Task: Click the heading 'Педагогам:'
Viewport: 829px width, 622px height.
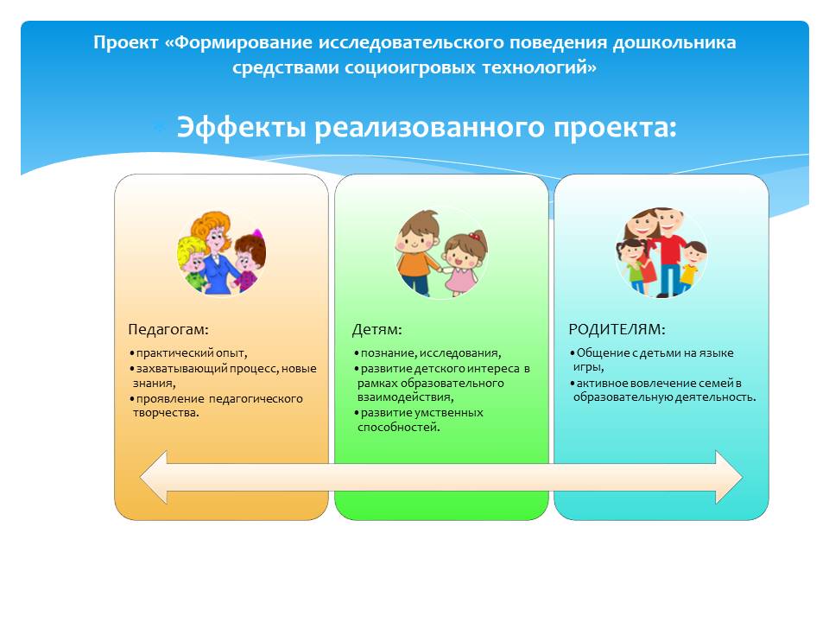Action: [168, 330]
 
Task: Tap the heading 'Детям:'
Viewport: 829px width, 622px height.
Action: [377, 330]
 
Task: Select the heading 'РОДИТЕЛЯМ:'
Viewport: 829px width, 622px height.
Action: [617, 329]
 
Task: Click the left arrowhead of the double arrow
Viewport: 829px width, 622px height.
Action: [154, 477]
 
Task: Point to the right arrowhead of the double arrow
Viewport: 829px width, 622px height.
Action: [729, 477]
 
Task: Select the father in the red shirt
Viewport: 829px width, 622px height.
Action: [668, 251]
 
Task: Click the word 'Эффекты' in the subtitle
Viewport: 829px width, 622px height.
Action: [241, 128]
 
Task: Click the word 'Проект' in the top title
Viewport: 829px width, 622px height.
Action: [126, 43]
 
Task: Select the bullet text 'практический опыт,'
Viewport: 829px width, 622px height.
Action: [192, 353]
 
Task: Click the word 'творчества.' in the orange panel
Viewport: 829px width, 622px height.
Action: [166, 413]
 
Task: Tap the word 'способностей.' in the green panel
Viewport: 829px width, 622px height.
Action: [399, 428]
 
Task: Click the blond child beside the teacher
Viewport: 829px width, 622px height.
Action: [192, 263]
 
